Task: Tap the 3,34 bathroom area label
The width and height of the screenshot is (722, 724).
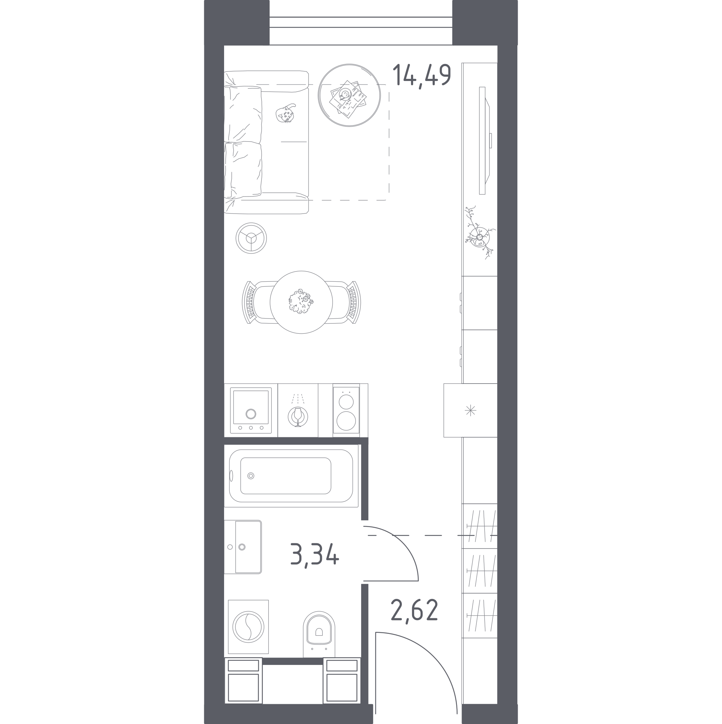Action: (315, 555)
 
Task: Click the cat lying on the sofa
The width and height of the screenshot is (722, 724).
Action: (286, 113)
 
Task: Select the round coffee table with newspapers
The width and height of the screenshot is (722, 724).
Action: (349, 95)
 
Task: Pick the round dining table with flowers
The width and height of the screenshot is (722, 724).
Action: (301, 302)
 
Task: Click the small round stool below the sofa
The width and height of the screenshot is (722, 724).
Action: (251, 238)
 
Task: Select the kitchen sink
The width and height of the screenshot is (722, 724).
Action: (251, 410)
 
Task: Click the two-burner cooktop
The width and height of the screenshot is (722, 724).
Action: (346, 410)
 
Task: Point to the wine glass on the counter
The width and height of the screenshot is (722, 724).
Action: (298, 416)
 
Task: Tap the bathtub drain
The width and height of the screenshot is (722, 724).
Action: (251, 475)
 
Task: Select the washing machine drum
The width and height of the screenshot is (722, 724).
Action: (248, 626)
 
